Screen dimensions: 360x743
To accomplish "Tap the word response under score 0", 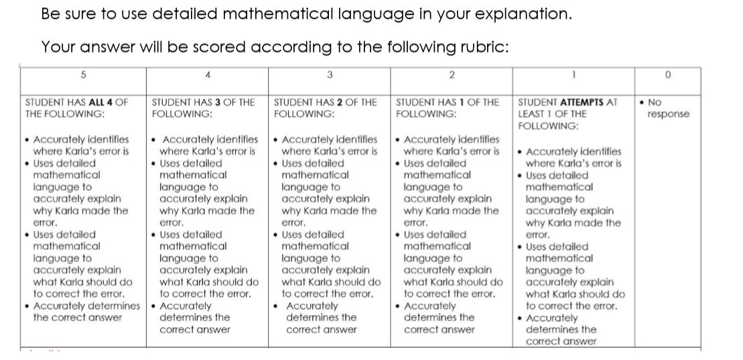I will click(x=668, y=114).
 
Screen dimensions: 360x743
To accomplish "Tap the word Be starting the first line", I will click(x=50, y=14).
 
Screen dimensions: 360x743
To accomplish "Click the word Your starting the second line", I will click(x=58, y=47).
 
